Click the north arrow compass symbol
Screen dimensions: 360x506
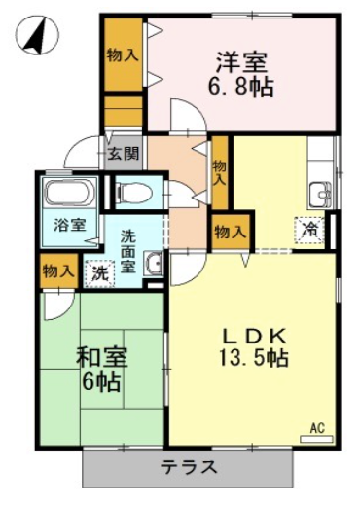(38, 34)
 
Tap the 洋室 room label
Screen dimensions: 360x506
(241, 62)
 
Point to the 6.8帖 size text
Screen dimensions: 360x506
(240, 88)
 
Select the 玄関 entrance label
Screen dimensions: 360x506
(124, 153)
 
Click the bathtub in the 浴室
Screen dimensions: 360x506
(71, 192)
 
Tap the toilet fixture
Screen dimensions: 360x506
(134, 192)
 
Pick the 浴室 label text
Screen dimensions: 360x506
(70, 225)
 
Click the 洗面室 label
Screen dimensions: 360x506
(128, 252)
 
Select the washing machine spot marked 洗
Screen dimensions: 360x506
(99, 274)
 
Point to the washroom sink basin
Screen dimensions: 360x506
(154, 264)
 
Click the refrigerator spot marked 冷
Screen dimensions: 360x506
(309, 230)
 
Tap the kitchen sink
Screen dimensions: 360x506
(321, 195)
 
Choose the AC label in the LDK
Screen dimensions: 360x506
(317, 428)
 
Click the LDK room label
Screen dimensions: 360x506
(254, 337)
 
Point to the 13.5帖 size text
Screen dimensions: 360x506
(254, 357)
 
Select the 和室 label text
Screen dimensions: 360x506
(101, 358)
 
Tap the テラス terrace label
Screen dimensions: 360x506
(189, 467)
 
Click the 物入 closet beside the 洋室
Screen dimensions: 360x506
(124, 55)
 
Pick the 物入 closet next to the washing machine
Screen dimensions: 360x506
(58, 271)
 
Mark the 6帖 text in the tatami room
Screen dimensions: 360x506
(101, 382)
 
